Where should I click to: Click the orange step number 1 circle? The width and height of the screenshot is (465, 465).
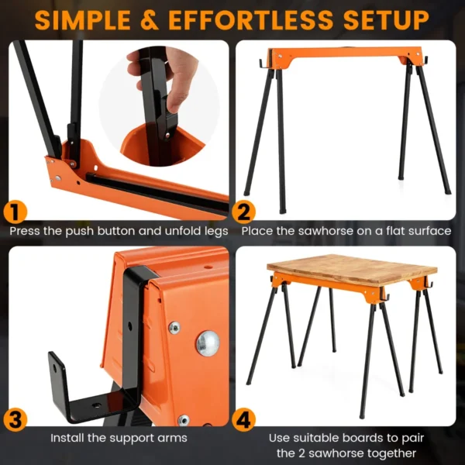point(15,212)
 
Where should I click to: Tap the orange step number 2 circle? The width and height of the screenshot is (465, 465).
point(245,212)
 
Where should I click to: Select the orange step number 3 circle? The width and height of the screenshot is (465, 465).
point(15,421)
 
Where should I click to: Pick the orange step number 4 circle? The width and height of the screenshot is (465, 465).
point(245,421)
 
